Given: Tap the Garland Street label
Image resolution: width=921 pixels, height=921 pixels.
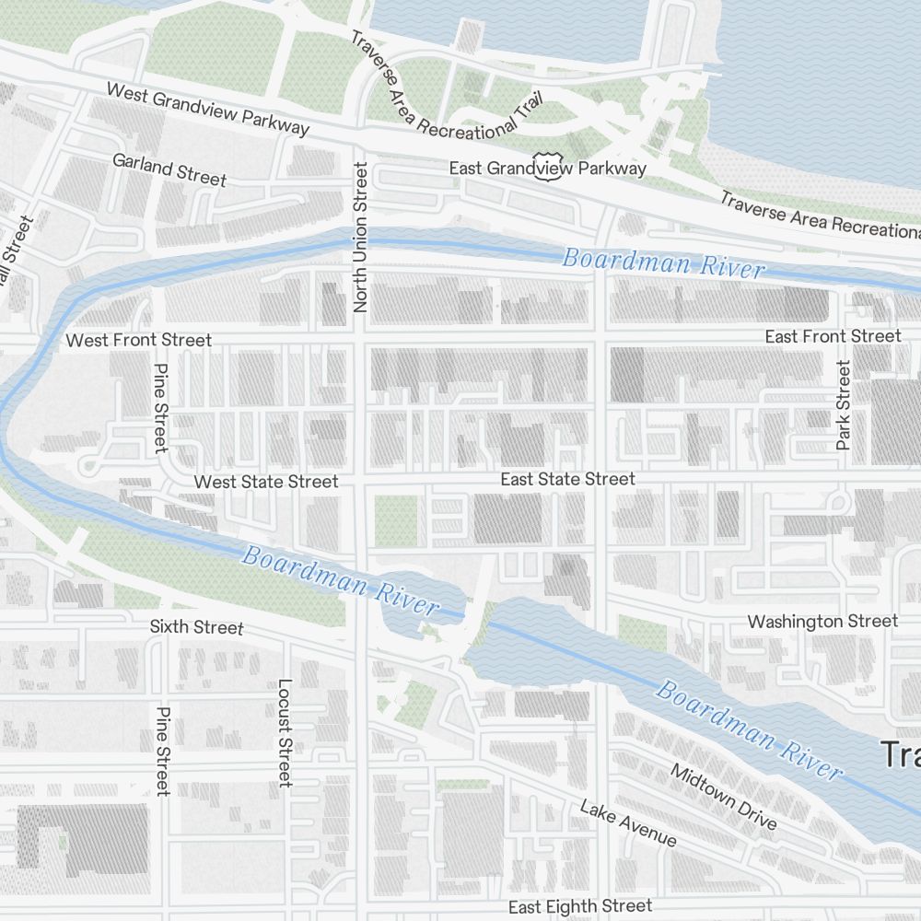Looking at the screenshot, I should (169, 169).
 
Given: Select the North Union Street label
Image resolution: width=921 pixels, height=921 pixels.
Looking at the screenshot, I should (360, 237).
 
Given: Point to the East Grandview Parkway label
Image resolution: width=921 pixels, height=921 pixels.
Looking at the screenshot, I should (547, 169).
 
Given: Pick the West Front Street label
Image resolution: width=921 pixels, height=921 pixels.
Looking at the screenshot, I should (138, 341).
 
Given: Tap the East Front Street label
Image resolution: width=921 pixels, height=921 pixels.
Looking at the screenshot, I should (833, 336).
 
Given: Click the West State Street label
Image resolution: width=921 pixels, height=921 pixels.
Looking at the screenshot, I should (266, 482).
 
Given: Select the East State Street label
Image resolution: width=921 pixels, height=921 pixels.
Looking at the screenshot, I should (567, 479).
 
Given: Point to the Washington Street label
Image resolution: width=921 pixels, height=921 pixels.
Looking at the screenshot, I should (822, 622).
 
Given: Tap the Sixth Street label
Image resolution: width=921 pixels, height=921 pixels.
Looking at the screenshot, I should (196, 627).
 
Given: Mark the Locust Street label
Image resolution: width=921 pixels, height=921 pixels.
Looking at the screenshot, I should (285, 733).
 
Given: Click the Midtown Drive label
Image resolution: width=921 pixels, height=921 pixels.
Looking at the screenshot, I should (723, 797).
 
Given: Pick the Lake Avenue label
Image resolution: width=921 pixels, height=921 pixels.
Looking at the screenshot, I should (628, 822).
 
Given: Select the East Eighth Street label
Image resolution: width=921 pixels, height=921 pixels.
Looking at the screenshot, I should (580, 906).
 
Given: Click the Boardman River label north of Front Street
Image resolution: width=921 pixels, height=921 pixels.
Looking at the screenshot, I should (663, 262).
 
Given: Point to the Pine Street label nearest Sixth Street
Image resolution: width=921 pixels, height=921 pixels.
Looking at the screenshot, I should (163, 751).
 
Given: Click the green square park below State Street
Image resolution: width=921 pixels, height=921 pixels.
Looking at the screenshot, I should (395, 520).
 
